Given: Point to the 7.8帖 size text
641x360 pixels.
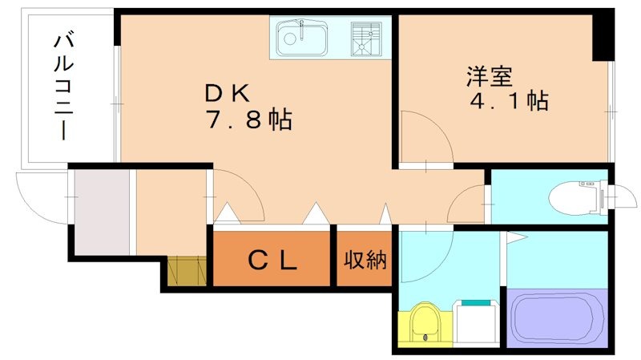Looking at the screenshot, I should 248,121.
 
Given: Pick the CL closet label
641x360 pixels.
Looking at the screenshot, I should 272,259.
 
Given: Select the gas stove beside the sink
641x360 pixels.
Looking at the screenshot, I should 369,37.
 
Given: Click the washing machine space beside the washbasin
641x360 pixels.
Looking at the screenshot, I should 477,323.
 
